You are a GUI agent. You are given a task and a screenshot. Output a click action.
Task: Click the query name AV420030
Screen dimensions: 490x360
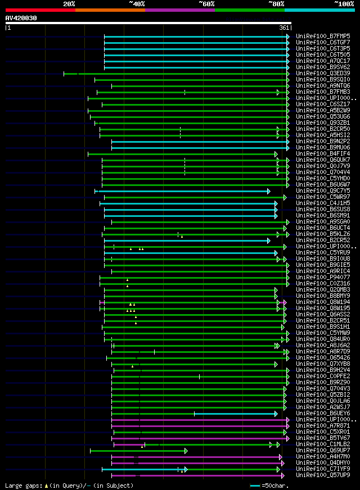21,18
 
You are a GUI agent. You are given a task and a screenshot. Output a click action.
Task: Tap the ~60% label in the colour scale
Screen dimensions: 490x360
206,3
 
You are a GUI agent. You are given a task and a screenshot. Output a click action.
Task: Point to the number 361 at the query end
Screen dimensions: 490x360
284,28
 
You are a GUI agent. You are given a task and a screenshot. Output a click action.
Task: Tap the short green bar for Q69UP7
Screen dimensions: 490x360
138,451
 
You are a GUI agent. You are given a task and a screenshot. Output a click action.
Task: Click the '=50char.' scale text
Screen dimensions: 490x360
275,485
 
